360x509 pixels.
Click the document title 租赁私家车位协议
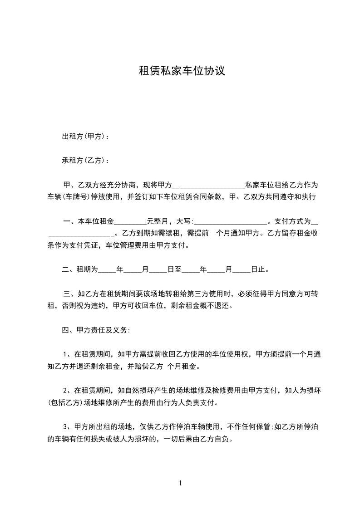pos(182,71)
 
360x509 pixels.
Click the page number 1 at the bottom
pos(180,483)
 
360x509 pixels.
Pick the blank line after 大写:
pos(231,222)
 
